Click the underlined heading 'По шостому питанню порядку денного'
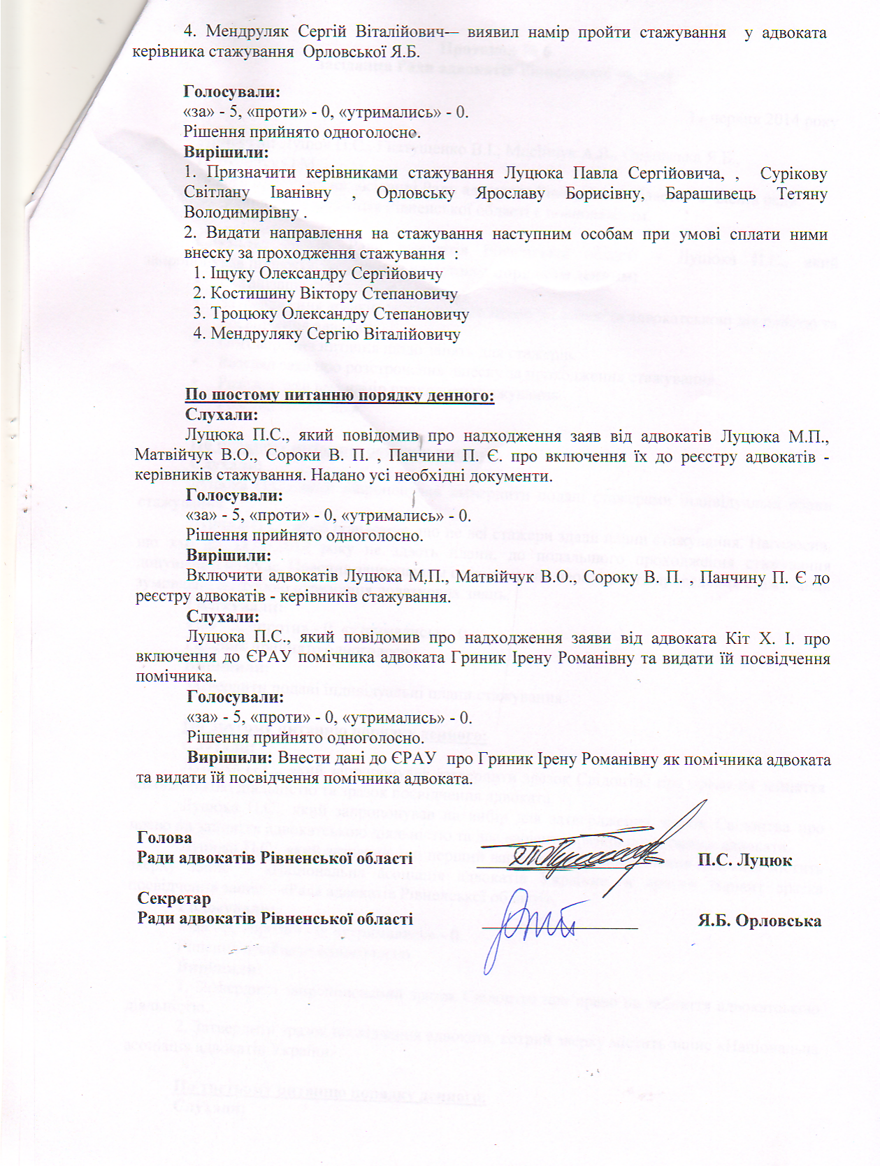coord(340,396)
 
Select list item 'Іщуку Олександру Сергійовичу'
coord(326,273)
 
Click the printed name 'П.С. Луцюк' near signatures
coord(744,860)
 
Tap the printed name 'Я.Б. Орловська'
coord(759,921)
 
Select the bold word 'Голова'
coord(164,837)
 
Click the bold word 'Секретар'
coord(174,898)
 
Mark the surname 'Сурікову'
coord(793,173)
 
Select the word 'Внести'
coord(300,758)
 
